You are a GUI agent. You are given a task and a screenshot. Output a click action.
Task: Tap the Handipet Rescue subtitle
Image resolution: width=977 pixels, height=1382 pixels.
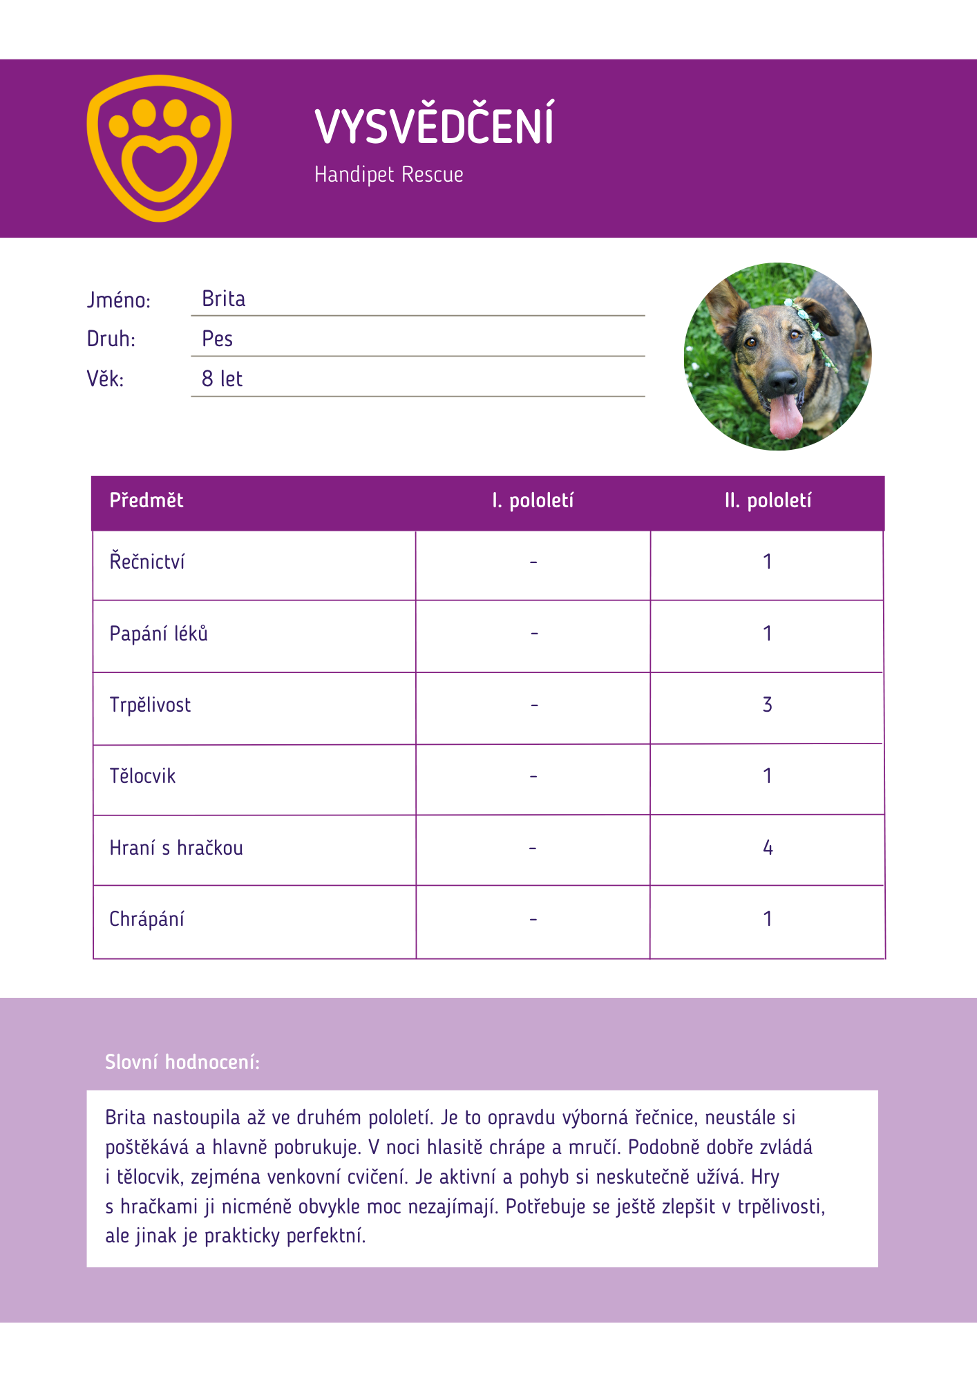388,174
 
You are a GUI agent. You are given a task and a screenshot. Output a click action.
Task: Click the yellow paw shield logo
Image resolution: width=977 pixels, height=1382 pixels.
159,148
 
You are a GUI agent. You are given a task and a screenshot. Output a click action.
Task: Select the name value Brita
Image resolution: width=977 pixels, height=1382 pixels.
223,299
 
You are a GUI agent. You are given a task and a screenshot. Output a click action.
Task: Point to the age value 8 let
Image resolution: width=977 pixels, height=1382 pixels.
222,379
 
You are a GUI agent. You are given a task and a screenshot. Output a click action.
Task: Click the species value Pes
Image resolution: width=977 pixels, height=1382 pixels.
217,339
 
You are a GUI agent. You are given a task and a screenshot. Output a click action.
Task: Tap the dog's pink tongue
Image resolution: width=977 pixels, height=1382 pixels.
786,416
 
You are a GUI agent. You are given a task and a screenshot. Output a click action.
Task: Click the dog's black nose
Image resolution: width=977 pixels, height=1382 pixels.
783,379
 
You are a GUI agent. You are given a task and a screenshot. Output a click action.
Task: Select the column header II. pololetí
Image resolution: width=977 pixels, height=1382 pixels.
768,500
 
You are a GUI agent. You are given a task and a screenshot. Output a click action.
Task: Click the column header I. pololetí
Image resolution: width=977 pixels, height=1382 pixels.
533,500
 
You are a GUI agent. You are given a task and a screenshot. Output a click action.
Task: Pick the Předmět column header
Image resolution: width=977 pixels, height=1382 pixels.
146,500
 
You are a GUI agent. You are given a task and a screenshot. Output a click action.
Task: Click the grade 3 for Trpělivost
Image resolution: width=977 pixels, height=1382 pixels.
767,705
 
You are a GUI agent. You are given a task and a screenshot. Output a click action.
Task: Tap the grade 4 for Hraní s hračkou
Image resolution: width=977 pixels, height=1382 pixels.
768,848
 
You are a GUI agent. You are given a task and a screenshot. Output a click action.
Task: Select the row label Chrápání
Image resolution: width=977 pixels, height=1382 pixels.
146,919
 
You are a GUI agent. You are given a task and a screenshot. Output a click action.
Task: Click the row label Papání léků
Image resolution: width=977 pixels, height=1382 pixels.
158,634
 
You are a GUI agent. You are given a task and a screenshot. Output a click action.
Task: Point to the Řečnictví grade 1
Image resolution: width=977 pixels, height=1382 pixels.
767,562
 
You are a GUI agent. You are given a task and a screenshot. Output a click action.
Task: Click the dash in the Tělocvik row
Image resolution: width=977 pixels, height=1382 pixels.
533,777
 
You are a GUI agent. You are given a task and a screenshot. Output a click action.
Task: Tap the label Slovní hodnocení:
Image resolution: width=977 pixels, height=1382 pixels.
182,1062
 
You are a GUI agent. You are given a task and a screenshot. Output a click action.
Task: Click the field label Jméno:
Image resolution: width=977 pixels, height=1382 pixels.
118,300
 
